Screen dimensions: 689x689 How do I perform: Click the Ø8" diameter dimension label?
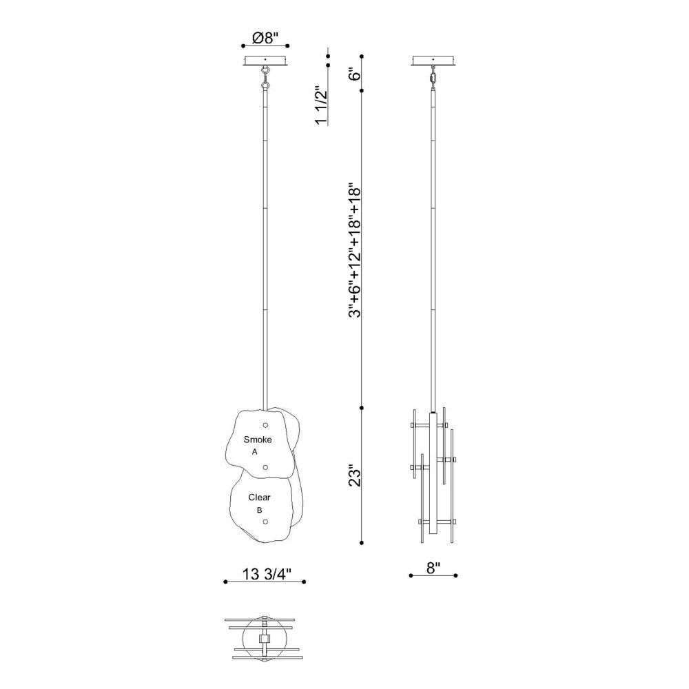click(265, 38)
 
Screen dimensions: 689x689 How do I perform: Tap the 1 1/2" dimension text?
click(322, 106)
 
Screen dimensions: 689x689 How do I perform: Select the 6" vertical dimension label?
click(354, 74)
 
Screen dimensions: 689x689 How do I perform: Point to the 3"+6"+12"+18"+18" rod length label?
click(354, 250)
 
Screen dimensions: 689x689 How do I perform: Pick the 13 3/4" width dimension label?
click(267, 574)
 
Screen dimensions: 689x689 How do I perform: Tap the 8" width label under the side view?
click(433, 568)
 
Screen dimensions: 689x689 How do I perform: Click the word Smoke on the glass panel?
click(258, 440)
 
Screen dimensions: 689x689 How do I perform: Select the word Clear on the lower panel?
click(259, 497)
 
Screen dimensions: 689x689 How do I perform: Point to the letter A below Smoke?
click(255, 452)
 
